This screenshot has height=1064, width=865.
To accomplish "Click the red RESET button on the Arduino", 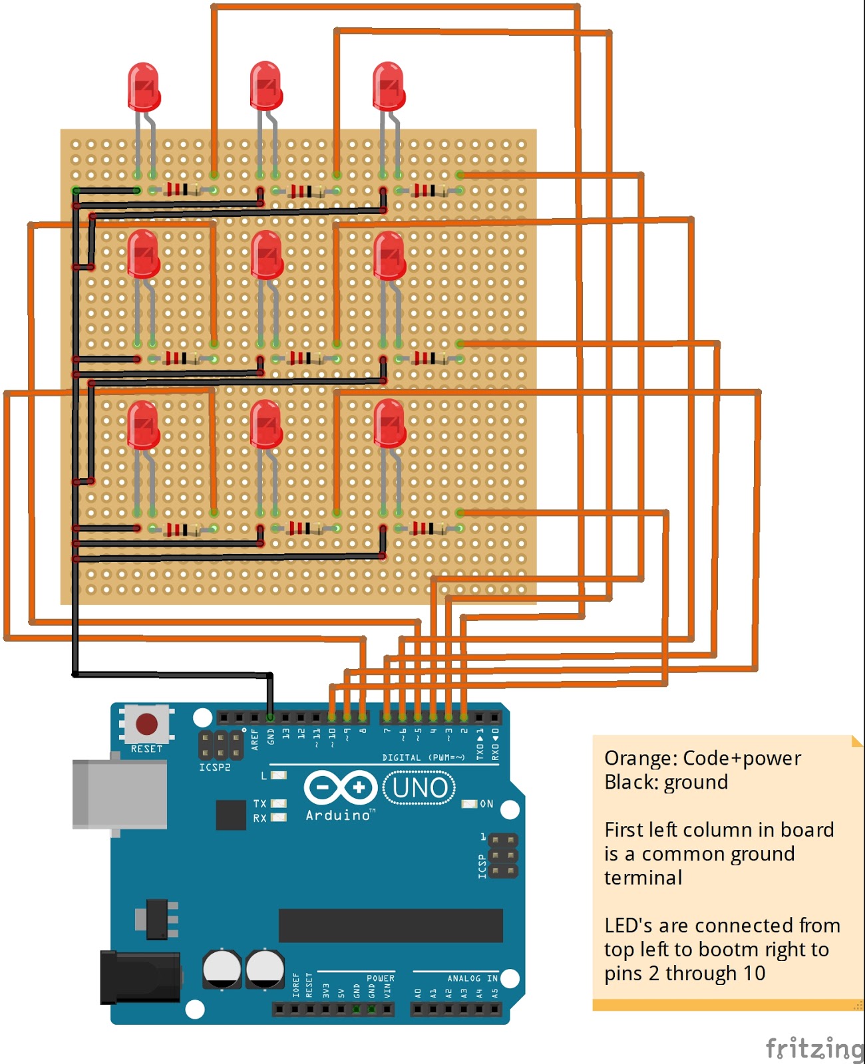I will click(x=146, y=724).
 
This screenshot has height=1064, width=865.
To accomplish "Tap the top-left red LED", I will click(x=144, y=86).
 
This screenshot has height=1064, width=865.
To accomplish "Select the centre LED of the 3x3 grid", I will click(x=267, y=255).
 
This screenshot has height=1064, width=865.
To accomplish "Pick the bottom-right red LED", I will click(x=390, y=424).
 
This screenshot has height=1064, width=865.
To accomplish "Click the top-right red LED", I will click(x=389, y=86).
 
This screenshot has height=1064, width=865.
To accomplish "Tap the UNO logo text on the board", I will click(x=419, y=788).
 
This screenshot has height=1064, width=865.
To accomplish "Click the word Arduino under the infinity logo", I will click(x=338, y=815).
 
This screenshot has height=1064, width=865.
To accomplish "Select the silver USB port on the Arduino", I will click(x=120, y=795).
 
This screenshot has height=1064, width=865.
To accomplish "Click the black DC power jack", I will click(x=140, y=977).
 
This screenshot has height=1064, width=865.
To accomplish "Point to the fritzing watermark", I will click(x=813, y=1049).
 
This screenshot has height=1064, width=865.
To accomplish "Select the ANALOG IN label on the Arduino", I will click(x=472, y=978).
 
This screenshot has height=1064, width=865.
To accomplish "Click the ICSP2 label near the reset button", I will click(x=214, y=767).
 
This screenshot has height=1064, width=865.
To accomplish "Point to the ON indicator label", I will click(x=486, y=804).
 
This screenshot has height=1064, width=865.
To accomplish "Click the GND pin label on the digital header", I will click(x=271, y=736).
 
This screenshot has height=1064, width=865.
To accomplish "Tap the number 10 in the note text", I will click(x=754, y=974).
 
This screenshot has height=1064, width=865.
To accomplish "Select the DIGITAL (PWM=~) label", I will click(x=423, y=757).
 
